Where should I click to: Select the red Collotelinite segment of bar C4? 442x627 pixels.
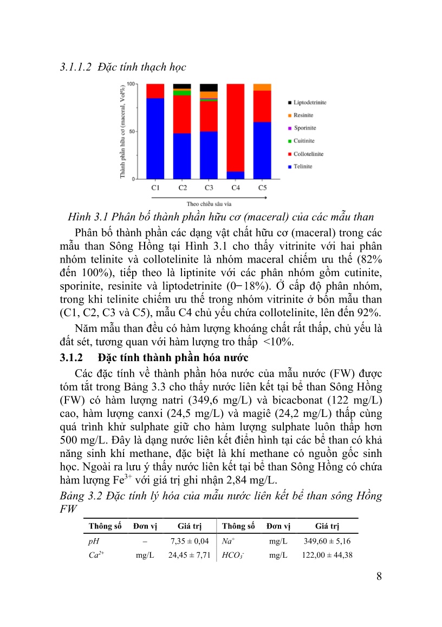click(235, 127)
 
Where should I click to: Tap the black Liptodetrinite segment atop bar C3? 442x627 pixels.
click(209, 88)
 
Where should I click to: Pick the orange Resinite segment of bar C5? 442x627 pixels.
click(262, 87)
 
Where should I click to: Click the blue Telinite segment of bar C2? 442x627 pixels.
click(182, 156)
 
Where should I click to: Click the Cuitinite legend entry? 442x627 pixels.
click(304, 141)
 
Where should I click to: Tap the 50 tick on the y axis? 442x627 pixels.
click(131, 132)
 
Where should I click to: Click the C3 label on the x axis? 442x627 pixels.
click(209, 188)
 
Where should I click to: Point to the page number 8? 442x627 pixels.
click(379, 576)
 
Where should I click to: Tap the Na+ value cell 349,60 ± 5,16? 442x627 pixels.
click(327, 541)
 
